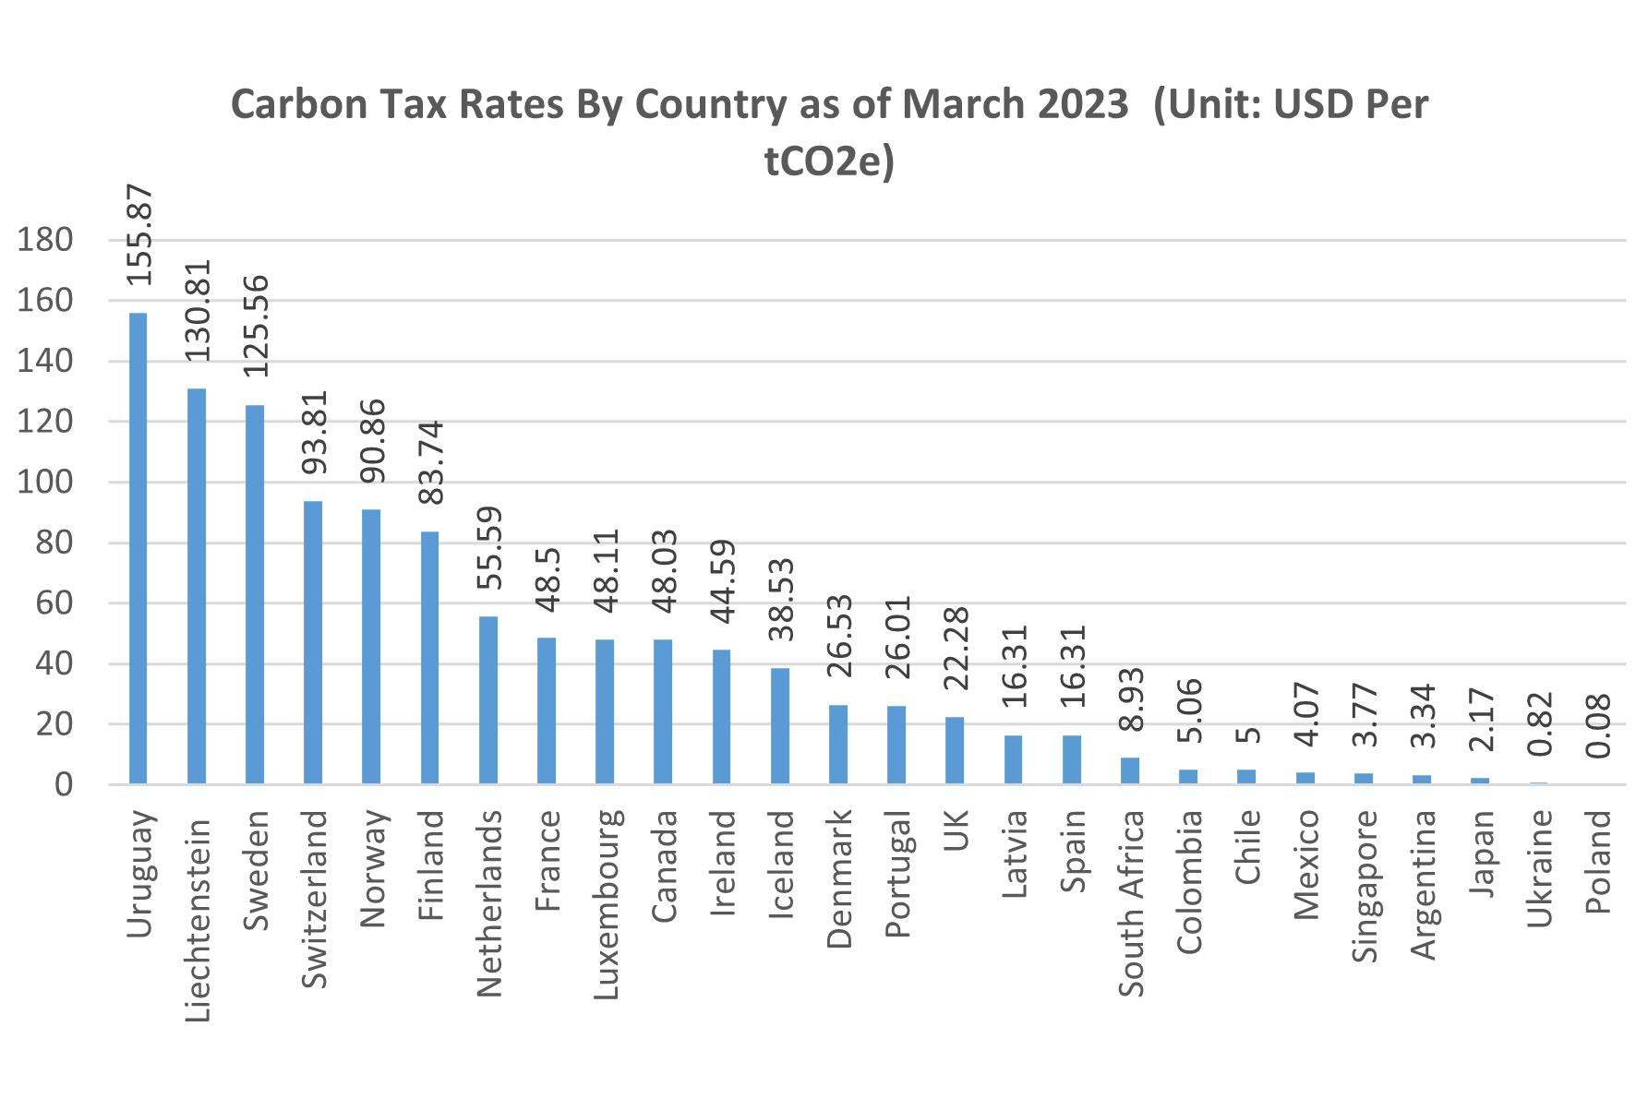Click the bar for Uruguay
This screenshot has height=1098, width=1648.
(138, 549)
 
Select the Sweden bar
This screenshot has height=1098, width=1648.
(254, 595)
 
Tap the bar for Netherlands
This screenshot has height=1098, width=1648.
(487, 700)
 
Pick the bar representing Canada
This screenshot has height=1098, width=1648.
(663, 711)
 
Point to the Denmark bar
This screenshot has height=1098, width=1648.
(837, 745)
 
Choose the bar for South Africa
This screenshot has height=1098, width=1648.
(1129, 771)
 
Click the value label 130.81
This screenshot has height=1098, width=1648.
(198, 310)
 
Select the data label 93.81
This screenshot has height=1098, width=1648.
(315, 432)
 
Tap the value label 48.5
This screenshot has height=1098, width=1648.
(547, 579)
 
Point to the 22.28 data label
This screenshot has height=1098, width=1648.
(956, 648)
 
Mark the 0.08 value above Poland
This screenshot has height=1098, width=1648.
(1598, 726)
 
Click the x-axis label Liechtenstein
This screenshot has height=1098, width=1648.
(198, 920)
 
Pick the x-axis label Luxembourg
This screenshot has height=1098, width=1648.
(605, 904)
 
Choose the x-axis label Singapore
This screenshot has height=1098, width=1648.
(1364, 886)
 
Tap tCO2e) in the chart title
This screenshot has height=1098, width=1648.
(829, 161)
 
